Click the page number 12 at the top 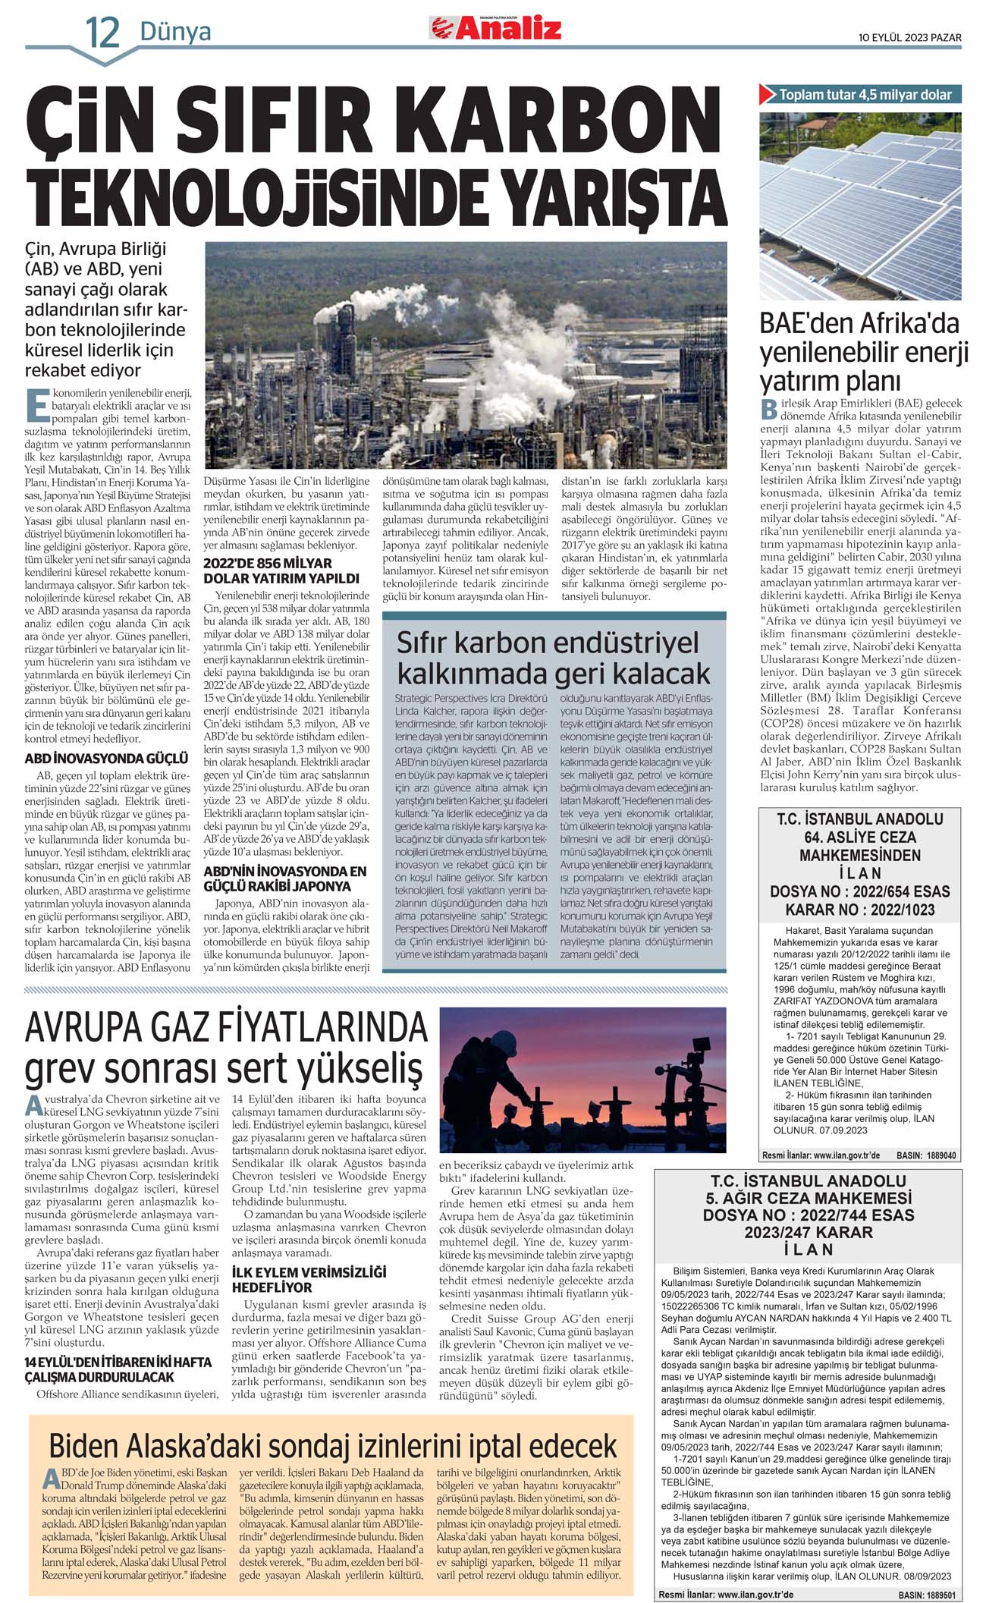[x=102, y=32]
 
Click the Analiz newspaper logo [x=497, y=28]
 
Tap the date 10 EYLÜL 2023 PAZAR [x=909, y=38]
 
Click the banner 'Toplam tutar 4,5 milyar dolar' [x=865, y=95]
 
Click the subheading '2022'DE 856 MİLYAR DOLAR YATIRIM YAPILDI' [x=268, y=570]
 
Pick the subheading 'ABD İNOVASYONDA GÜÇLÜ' [x=106, y=758]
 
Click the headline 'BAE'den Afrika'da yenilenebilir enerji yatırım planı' [x=864, y=352]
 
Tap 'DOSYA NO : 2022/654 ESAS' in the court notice [x=859, y=891]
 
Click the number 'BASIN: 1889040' [x=925, y=1155]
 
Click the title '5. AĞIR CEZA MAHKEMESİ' [x=808, y=1198]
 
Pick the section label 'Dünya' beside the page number [x=175, y=32]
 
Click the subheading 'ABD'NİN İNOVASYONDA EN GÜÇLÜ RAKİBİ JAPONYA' [x=284, y=879]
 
